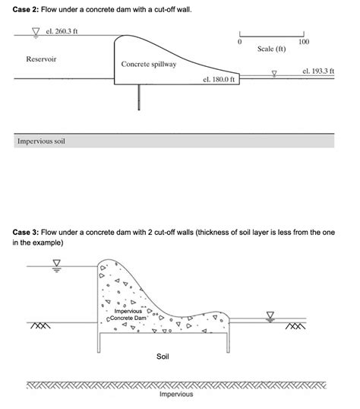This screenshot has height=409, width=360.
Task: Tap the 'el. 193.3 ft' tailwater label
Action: (x=317, y=71)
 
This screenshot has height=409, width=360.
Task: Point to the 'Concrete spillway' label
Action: (x=148, y=65)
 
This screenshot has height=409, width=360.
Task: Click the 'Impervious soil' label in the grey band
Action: (x=41, y=141)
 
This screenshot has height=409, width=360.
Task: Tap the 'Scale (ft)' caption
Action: (x=271, y=49)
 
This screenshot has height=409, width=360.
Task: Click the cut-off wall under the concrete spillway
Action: (x=139, y=97)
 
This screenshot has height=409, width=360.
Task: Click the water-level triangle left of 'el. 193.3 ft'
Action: (x=275, y=73)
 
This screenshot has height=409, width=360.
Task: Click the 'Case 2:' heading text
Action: (x=26, y=9)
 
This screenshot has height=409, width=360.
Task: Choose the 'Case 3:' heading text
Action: (x=26, y=231)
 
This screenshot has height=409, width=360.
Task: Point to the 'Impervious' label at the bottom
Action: (x=176, y=395)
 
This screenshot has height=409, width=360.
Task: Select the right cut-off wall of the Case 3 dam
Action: (x=227, y=342)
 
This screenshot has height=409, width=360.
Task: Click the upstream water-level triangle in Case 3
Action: (x=56, y=264)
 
